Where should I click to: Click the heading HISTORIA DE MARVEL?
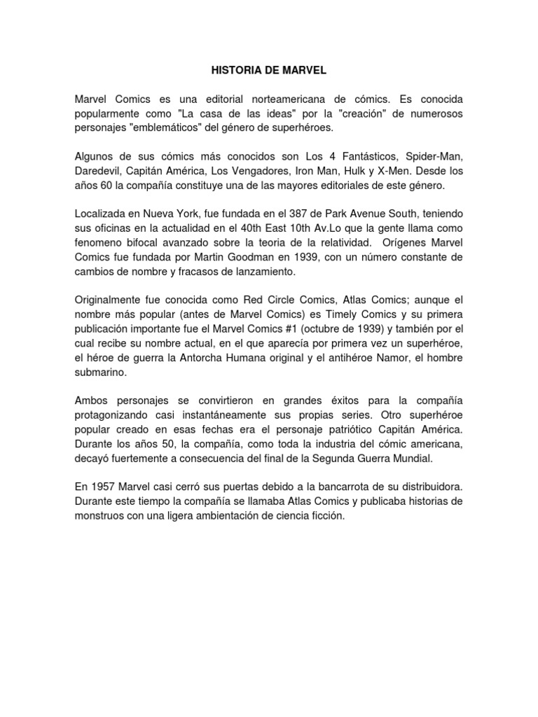268,71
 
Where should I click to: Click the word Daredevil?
99,170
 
